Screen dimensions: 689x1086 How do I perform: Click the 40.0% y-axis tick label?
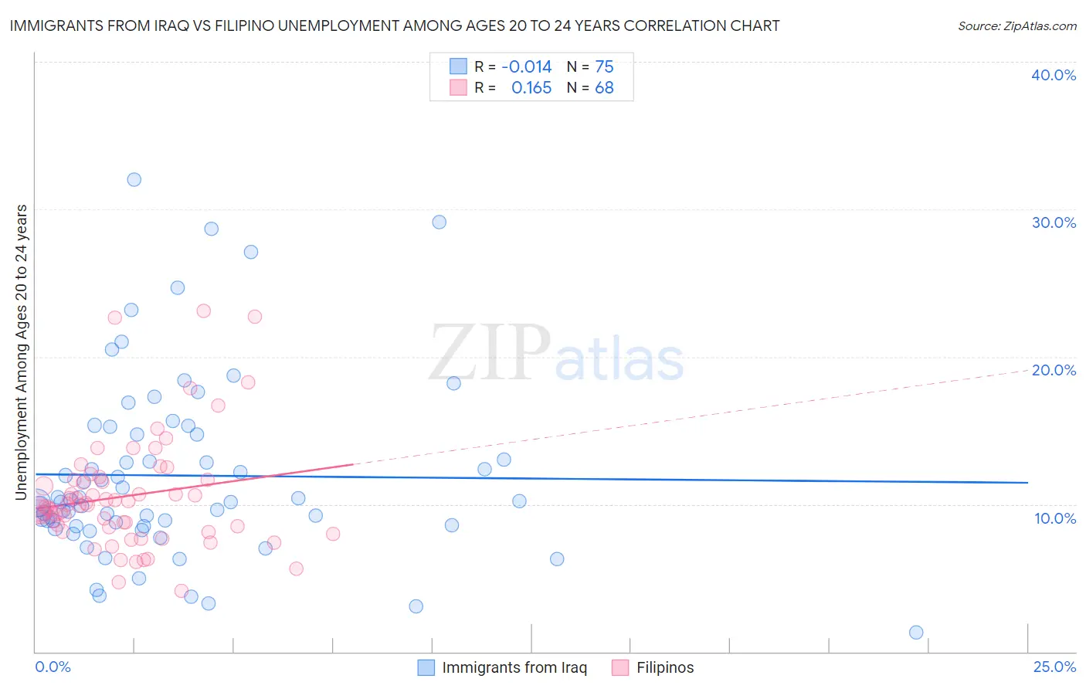pyautogui.click(x=1054, y=75)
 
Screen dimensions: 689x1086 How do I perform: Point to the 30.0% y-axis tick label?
pyautogui.click(x=1054, y=222)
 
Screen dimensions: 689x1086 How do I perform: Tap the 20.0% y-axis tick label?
pyautogui.click(x=1054, y=370)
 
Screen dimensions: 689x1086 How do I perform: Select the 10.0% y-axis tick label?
pyautogui.click(x=1055, y=518)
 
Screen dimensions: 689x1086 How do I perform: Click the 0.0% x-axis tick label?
pyautogui.click(x=53, y=667)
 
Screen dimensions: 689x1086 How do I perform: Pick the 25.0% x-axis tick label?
pyautogui.click(x=1054, y=667)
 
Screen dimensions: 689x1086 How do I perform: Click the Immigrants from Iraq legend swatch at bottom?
pyautogui.click(x=426, y=667)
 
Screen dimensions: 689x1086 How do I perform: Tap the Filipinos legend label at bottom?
pyautogui.click(x=665, y=667)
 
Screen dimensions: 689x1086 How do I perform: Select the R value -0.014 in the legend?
pyautogui.click(x=527, y=67)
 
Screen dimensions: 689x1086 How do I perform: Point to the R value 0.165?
pyautogui.click(x=531, y=88)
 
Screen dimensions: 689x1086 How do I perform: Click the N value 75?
pyautogui.click(x=604, y=67)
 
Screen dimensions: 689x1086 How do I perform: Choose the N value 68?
pyautogui.click(x=604, y=88)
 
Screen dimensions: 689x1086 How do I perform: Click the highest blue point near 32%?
pyautogui.click(x=134, y=179)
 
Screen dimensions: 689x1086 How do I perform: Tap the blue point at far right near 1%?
pyautogui.click(x=916, y=633)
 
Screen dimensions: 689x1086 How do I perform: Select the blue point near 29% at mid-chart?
pyautogui.click(x=439, y=222)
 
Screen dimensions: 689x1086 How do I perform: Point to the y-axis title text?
pyautogui.click(x=21, y=352)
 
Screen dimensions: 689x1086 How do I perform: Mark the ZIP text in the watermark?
pyautogui.click(x=490, y=352)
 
